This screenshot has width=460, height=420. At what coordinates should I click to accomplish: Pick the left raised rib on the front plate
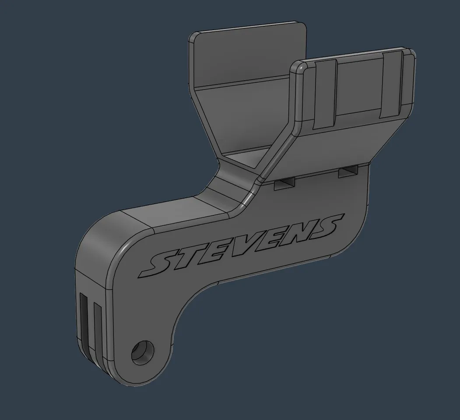click(325, 94)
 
